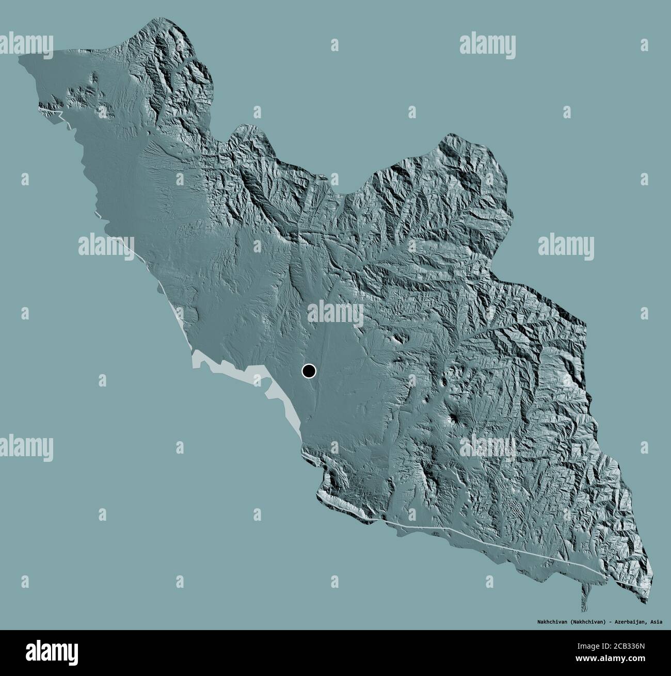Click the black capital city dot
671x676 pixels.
[x=309, y=371]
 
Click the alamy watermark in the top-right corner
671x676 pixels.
[x=487, y=44]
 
